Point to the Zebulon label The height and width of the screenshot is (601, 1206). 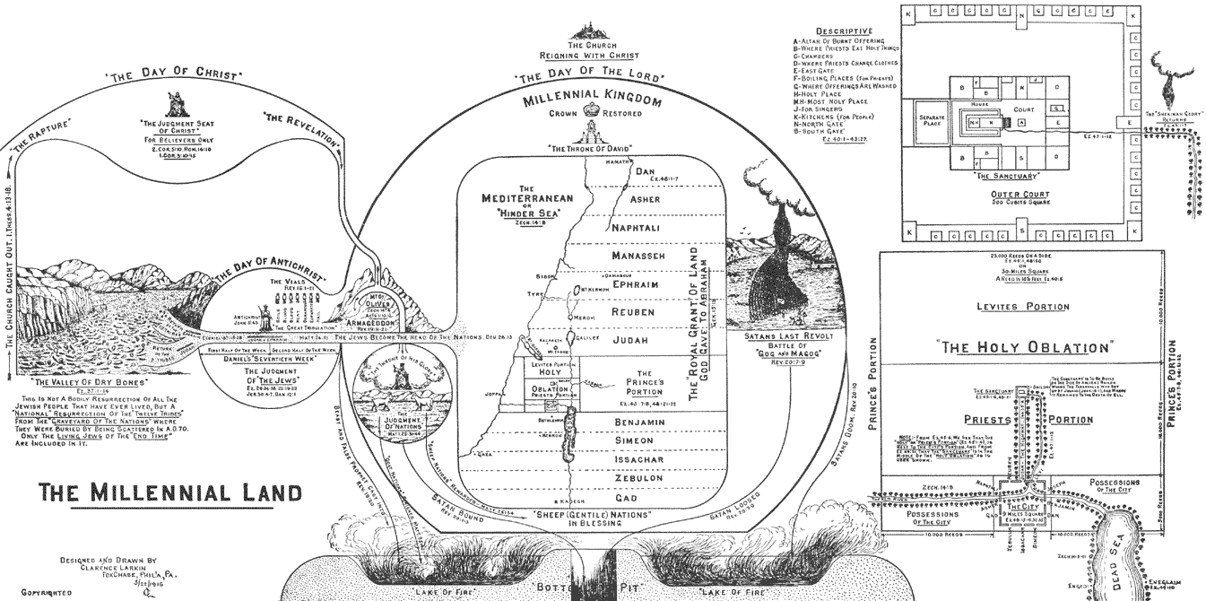point(638,479)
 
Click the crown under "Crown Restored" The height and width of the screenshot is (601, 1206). point(591,113)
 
